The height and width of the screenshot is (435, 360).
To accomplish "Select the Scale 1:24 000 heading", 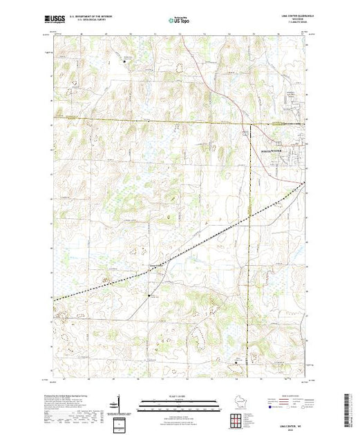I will [178, 396].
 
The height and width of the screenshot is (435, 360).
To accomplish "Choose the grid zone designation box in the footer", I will [120, 423].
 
